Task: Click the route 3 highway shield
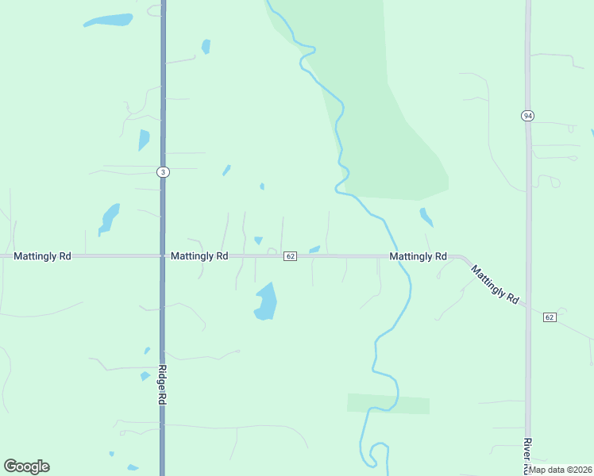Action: tap(163, 172)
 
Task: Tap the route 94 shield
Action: tap(527, 116)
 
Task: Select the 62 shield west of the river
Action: tap(290, 256)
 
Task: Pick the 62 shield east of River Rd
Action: tap(550, 317)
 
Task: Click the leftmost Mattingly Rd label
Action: tap(43, 256)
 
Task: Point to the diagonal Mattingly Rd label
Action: tap(496, 284)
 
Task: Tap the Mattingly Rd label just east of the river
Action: tap(418, 257)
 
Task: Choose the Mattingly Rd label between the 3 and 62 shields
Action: tap(199, 256)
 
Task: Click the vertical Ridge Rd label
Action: tap(161, 386)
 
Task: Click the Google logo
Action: tap(26, 466)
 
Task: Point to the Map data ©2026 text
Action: tap(559, 470)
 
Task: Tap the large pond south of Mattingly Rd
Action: tap(266, 301)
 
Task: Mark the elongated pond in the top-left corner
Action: tap(108, 20)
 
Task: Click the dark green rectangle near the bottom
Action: tap(388, 404)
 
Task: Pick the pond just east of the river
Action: tap(426, 217)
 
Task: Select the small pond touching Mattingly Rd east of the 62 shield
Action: tap(314, 250)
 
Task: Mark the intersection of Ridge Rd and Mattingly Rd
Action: tap(163, 256)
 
